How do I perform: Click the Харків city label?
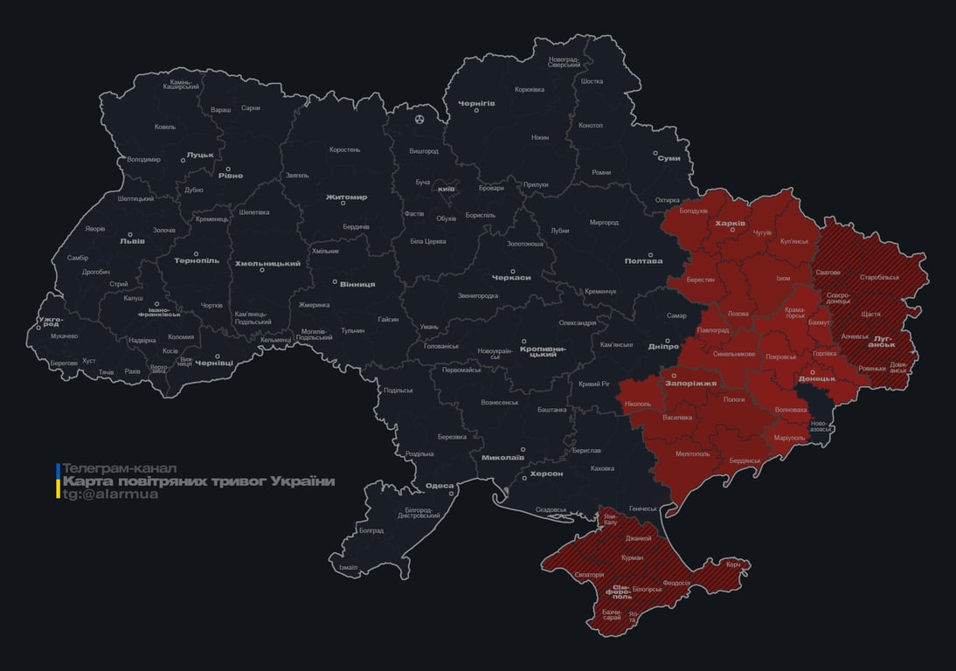(x=730, y=224)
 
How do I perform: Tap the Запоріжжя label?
(x=691, y=383)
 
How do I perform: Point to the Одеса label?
(x=440, y=486)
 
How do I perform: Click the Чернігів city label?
(x=476, y=103)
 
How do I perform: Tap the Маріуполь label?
(x=790, y=437)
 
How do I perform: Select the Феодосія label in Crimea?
(x=676, y=583)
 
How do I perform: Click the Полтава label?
(x=643, y=260)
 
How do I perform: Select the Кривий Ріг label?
(x=594, y=384)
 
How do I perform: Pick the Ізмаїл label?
(x=348, y=567)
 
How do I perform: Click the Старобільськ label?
(x=879, y=277)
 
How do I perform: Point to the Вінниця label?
(x=357, y=284)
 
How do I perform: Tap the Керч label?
(x=733, y=564)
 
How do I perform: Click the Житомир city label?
(x=346, y=197)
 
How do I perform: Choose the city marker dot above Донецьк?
(x=812, y=371)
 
